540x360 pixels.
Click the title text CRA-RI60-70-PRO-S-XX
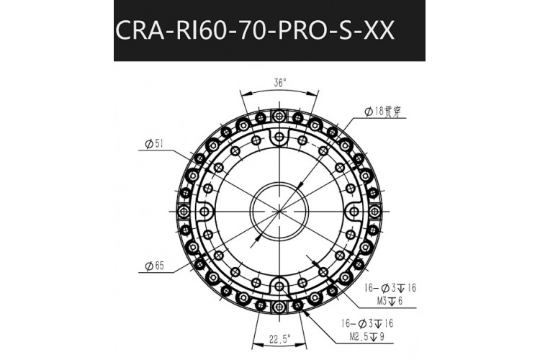[x=254, y=31]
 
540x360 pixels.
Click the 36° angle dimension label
[x=280, y=83]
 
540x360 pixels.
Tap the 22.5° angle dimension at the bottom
[x=279, y=339]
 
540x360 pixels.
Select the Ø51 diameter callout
[x=153, y=144]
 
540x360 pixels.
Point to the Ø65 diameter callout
[x=155, y=266]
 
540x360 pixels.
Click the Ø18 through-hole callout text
[x=382, y=112]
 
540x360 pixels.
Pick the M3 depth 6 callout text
[x=390, y=301]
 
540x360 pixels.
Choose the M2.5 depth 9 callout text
[x=366, y=336]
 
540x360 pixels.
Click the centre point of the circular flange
[x=279, y=211]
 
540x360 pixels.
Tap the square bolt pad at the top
[x=279, y=116]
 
